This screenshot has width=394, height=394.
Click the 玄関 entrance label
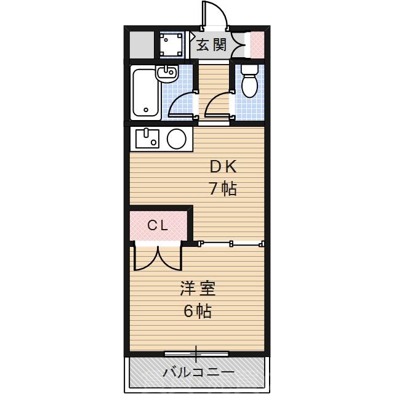(211, 45)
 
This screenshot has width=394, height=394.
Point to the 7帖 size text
(222, 188)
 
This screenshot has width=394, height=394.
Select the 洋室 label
(197, 288)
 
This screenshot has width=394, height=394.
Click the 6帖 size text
(197, 311)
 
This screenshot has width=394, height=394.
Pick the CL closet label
(158, 226)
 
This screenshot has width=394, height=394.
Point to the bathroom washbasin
(166, 74)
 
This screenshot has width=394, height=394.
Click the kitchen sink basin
(147, 139)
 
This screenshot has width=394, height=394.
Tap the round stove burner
(177, 139)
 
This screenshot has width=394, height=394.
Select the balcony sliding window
(196, 354)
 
